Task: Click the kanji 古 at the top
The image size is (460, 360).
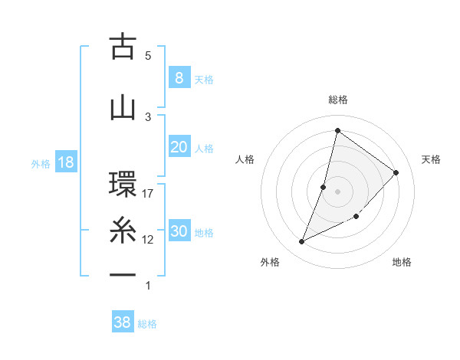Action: [123, 47]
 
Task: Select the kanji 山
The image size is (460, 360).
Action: [123, 106]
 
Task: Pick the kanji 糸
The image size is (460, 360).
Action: [123, 231]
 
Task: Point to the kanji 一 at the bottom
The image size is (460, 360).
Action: [123, 274]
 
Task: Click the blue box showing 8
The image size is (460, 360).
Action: [179, 77]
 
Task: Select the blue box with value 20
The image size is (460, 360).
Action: [179, 147]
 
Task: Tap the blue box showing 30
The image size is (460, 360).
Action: [179, 231]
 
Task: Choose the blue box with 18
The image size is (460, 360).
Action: [65, 162]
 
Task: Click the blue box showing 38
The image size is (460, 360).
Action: [122, 322]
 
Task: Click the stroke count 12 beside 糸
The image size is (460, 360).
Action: [148, 240]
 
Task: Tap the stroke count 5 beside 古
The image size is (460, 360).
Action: [148, 55]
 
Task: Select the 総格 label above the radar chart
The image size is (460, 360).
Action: [337, 100]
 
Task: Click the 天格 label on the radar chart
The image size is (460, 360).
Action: [432, 159]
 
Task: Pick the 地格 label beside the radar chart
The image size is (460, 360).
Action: [402, 262]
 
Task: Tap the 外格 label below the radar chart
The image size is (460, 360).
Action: [270, 262]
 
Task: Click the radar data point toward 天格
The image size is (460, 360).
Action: [396, 172]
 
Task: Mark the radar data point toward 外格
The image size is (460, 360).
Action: [301, 242]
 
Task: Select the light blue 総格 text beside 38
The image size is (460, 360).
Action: [147, 324]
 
